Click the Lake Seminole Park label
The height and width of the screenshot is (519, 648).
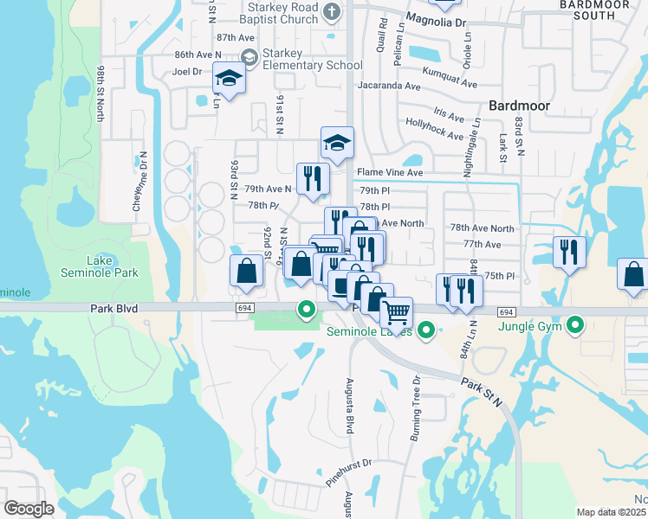112,266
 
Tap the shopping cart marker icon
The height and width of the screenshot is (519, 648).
397,311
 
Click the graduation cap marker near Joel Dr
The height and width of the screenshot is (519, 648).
229,79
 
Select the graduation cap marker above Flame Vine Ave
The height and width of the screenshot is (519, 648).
337,142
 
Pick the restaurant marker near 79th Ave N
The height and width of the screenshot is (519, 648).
313,179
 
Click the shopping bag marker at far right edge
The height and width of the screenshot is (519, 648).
634,274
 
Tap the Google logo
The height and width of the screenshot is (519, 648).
29,509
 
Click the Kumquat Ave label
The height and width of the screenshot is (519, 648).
450,77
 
